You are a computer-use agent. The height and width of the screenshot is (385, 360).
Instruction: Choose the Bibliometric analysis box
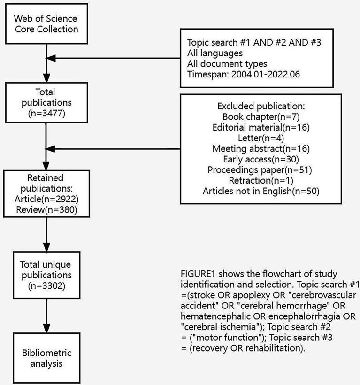click(x=46, y=358)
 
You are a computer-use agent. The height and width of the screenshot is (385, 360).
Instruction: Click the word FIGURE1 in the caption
click(x=198, y=274)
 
